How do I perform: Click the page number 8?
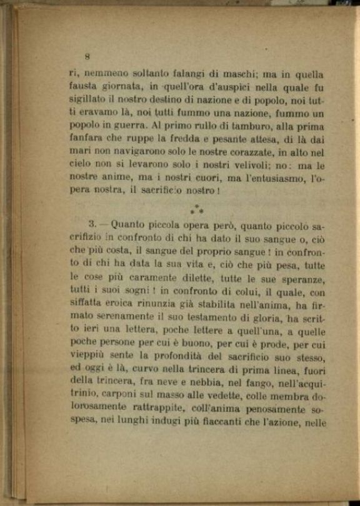[88, 56]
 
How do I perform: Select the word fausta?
[84, 87]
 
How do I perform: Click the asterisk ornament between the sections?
[197, 211]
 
